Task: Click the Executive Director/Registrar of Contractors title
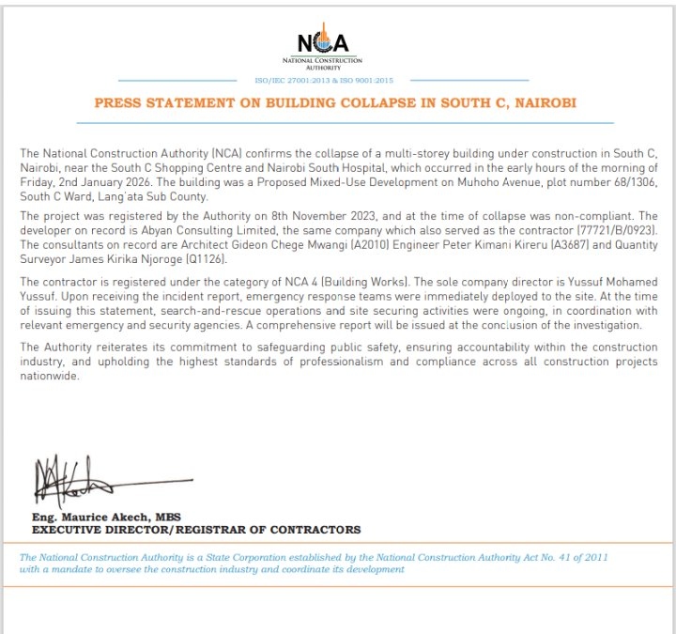pyautogui.click(x=196, y=530)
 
